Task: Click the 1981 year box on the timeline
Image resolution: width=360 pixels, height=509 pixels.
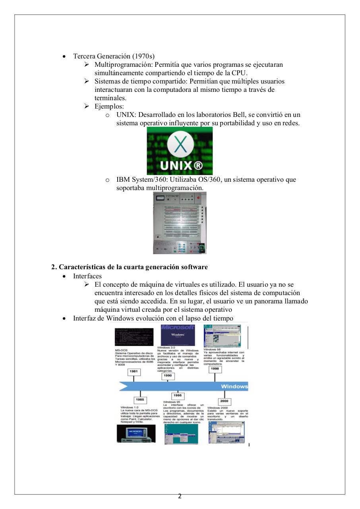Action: point(135,371)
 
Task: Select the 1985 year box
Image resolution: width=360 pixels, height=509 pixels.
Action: point(140,399)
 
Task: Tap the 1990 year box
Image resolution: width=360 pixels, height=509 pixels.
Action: point(167,375)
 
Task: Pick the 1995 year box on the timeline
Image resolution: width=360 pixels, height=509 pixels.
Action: point(178,396)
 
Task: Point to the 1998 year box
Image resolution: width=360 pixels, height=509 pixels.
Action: point(215,369)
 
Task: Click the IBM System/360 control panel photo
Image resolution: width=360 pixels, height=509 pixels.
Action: point(180,223)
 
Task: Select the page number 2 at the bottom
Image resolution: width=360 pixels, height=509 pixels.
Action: point(180,496)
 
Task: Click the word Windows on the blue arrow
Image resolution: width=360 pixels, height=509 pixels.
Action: point(234,386)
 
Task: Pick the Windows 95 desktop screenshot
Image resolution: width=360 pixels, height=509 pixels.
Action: point(181,434)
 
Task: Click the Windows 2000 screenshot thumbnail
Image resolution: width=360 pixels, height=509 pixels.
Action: point(226,433)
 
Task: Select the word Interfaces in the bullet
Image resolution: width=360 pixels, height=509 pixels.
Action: point(87,276)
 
